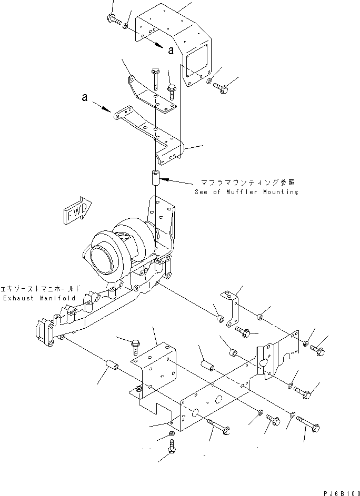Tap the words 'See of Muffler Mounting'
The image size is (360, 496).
point(245,192)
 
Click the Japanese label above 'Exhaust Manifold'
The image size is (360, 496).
point(41,289)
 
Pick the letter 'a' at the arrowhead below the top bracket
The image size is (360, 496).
point(171,50)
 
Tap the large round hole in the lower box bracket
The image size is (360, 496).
point(194,414)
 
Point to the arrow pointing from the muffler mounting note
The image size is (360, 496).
point(178,182)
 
